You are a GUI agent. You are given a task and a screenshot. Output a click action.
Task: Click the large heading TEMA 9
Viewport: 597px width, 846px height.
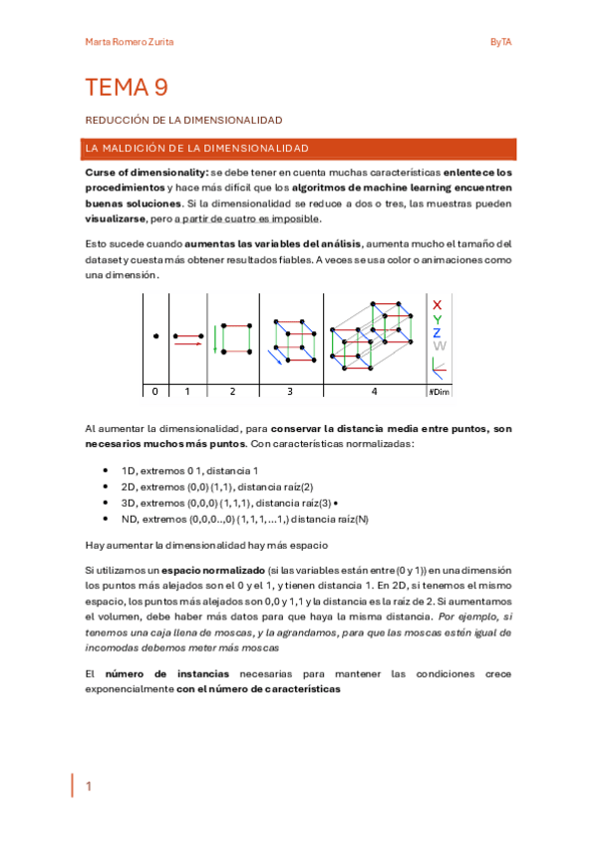click(x=126, y=88)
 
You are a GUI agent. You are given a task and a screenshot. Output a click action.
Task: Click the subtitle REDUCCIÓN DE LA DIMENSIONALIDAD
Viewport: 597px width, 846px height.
click(x=183, y=120)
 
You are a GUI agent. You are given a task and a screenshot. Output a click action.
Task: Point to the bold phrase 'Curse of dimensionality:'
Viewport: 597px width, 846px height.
click(x=140, y=173)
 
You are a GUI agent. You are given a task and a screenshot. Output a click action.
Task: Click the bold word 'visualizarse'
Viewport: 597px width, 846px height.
click(x=116, y=218)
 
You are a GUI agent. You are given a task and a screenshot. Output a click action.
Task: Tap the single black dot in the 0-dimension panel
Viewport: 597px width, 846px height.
click(x=155, y=336)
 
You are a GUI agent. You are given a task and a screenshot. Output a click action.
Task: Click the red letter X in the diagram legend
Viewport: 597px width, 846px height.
click(x=437, y=304)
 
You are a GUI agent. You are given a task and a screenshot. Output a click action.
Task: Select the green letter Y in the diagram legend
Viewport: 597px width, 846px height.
click(x=437, y=319)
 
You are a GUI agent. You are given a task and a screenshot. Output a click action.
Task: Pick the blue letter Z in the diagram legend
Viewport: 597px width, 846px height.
click(x=437, y=333)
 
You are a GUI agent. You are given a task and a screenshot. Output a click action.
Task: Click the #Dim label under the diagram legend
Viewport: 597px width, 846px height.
click(x=439, y=392)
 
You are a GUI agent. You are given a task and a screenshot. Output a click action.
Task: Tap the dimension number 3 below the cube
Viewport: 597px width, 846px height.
click(x=289, y=392)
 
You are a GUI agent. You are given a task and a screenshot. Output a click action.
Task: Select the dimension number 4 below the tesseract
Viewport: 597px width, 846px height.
click(x=375, y=392)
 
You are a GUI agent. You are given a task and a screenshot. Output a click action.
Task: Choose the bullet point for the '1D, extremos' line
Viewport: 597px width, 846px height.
click(x=106, y=471)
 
